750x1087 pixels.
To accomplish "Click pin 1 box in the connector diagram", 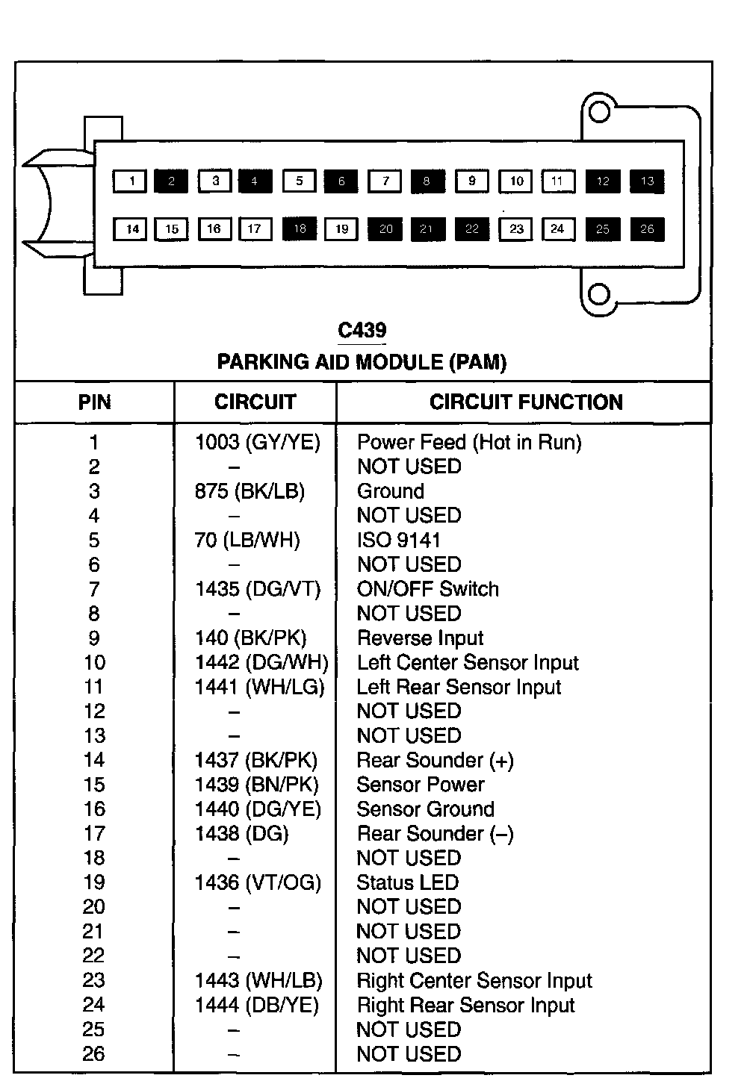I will point(130,181).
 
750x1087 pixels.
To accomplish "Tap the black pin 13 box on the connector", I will point(647,181).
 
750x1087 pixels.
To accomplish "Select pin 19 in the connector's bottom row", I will point(341,229).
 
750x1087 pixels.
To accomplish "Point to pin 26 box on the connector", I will point(647,229).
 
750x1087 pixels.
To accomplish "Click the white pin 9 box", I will point(471,181).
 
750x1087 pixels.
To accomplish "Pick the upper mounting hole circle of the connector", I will point(599,112).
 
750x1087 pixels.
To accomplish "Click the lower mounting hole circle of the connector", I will point(599,294).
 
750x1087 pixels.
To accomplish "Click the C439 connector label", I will point(362,330).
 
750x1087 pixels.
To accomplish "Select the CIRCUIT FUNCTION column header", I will point(526,402).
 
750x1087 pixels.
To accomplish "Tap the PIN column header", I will point(94,402).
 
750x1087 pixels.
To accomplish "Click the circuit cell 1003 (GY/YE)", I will point(258,443).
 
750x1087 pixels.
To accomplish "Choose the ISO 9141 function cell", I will point(399,541).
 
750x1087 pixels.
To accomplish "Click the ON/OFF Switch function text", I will point(427,589).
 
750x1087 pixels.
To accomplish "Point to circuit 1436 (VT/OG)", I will point(258,883).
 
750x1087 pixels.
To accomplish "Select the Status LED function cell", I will point(407,883).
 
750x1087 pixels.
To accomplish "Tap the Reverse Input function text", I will point(420,638).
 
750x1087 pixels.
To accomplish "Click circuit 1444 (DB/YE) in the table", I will point(257,1006).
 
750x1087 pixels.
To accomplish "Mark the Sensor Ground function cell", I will point(425,809).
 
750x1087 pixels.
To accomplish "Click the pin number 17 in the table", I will point(94,834).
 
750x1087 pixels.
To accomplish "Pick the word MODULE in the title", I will point(400,363).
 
